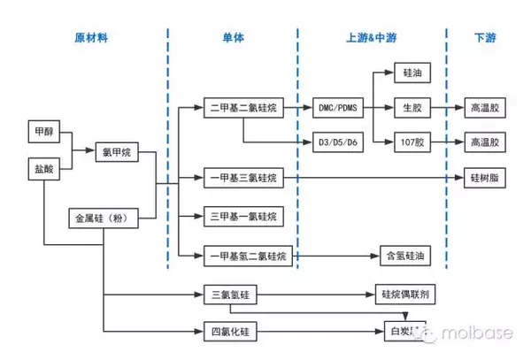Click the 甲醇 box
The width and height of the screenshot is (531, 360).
(x=42, y=132)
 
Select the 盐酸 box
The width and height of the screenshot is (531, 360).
(x=42, y=167)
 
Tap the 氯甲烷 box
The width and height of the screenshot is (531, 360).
(x=116, y=152)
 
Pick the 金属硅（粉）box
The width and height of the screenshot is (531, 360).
(x=103, y=217)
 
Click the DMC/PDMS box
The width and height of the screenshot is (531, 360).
(x=341, y=108)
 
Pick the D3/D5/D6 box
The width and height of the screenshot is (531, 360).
(x=341, y=142)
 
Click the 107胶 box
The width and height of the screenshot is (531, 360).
(x=412, y=142)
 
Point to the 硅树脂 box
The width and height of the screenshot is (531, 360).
(x=487, y=179)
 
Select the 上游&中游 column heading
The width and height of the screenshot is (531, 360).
(x=369, y=39)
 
